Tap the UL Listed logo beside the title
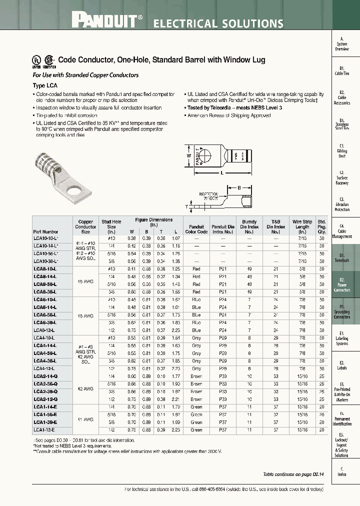point(37,60)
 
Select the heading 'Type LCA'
point(45,85)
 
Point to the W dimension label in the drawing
point(188,155)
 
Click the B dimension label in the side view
point(239,188)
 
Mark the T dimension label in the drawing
point(186,206)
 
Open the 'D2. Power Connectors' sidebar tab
point(342,285)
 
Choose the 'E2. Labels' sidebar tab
point(342,364)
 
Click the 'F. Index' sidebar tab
point(342,471)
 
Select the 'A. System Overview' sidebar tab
point(342,44)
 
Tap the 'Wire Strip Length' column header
point(302,226)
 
